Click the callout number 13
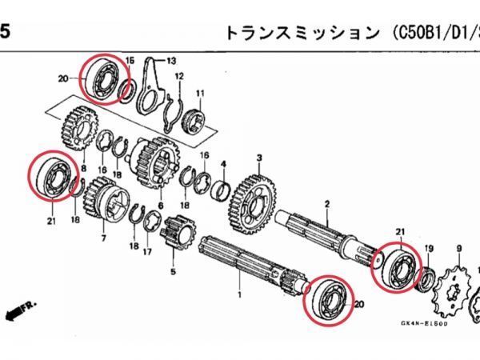[170, 61]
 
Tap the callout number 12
[180, 76]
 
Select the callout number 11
[200, 93]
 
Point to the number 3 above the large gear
[260, 158]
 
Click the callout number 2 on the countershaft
[326, 205]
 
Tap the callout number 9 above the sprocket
[458, 250]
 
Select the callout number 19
[429, 249]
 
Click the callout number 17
[146, 251]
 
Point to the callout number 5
[172, 271]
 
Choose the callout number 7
[102, 238]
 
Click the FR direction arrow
[14, 309]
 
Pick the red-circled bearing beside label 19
[397, 264]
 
